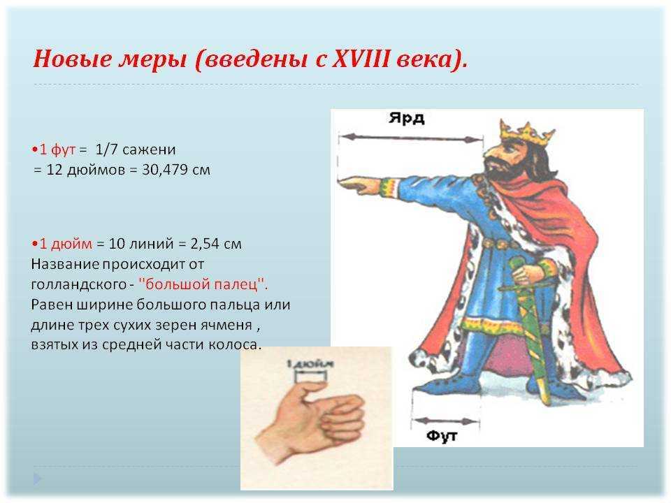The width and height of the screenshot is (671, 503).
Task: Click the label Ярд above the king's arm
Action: pyautogui.click(x=407, y=117)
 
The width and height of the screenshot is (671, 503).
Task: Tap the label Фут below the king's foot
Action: pyautogui.click(x=442, y=436)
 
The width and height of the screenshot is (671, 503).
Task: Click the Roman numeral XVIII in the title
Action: pyautogui.click(x=361, y=58)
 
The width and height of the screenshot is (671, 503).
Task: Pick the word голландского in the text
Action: pyautogui.click(x=79, y=285)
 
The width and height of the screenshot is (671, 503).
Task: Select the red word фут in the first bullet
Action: pyautogui.click(x=63, y=150)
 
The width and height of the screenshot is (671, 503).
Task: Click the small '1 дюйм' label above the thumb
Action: pyautogui.click(x=310, y=364)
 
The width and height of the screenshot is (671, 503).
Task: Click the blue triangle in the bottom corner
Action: pyautogui.click(x=38, y=479)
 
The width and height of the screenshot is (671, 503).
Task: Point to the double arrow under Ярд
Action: pyautogui.click(x=411, y=138)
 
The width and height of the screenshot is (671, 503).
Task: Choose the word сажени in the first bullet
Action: pyautogui.click(x=148, y=150)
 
